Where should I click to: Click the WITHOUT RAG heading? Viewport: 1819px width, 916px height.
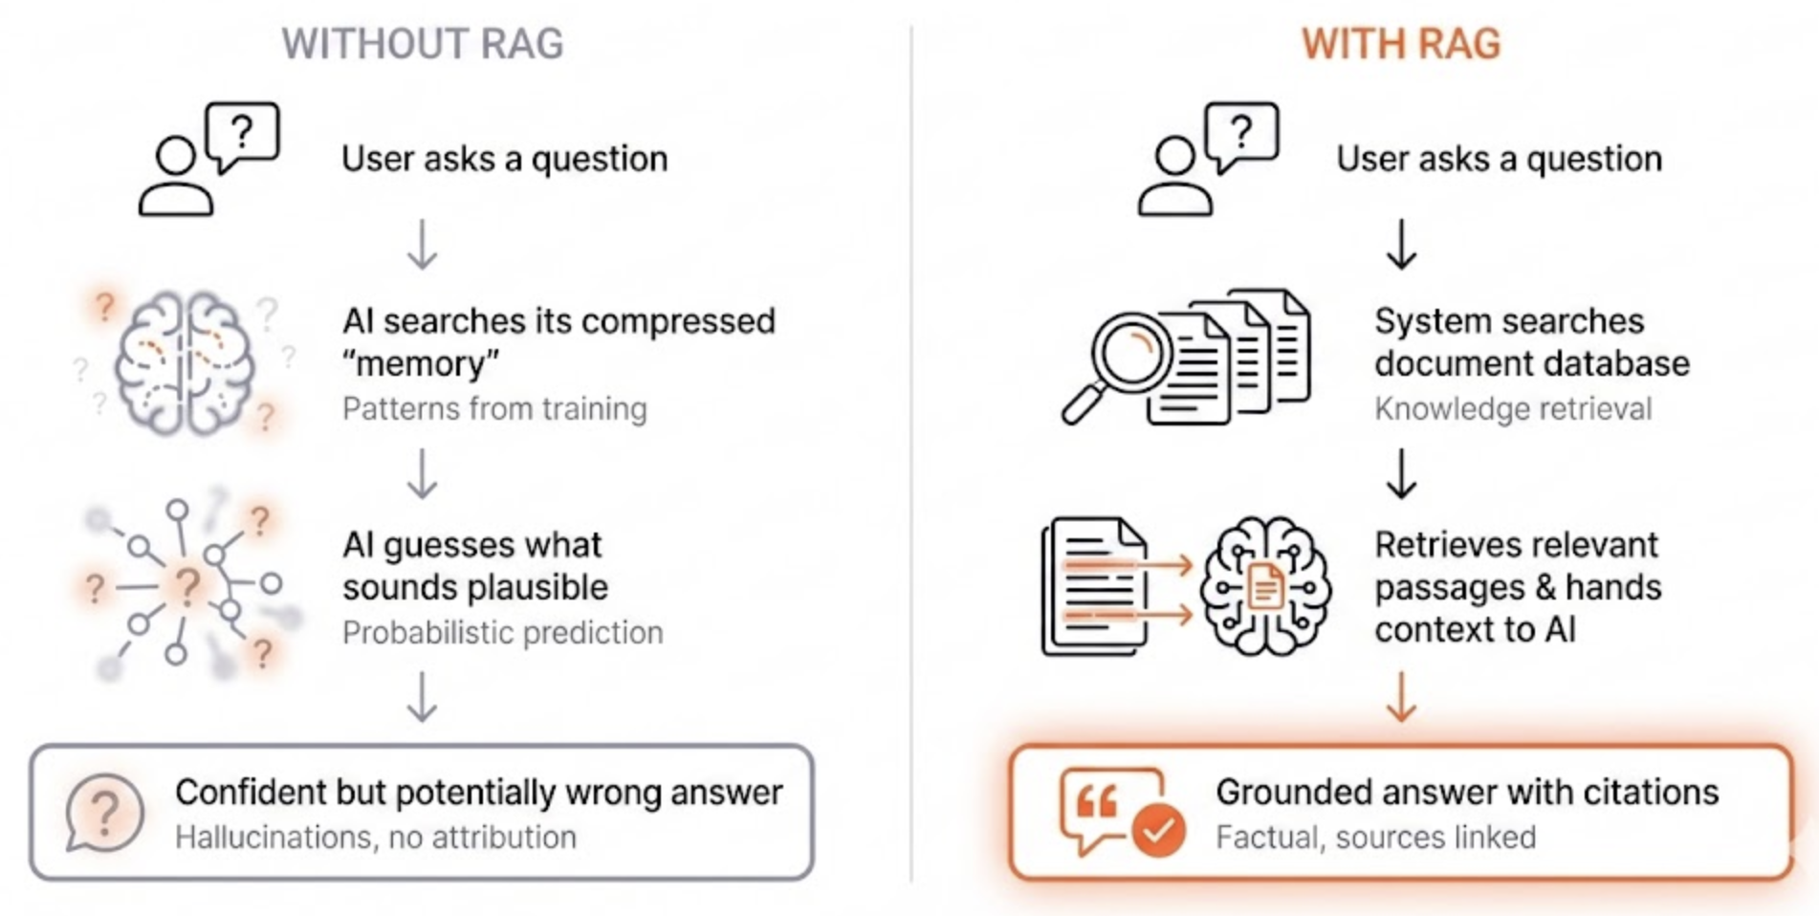point(422,44)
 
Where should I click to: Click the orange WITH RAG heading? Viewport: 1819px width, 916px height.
point(1401,44)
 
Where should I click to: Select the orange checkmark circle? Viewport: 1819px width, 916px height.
point(1158,830)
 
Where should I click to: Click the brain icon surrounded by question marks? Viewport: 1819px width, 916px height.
point(184,362)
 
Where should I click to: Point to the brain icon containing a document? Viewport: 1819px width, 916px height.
point(1265,585)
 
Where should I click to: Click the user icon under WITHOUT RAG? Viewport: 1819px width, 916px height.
point(175,177)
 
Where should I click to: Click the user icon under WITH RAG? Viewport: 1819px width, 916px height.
point(1174,177)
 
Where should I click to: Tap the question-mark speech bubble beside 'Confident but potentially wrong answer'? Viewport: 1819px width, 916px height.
point(104,813)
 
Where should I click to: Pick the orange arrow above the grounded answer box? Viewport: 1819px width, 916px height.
point(1401,696)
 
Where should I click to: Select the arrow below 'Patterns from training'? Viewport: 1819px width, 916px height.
point(422,473)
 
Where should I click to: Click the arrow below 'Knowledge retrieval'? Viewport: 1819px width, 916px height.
point(1401,473)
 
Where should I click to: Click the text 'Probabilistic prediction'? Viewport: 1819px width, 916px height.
point(502,632)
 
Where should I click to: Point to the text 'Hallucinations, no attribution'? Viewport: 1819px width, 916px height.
point(376,837)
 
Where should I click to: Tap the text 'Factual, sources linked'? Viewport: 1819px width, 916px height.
point(1376,837)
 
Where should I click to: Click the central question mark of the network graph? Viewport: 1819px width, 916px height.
point(187,584)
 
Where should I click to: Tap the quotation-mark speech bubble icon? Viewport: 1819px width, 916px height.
point(1109,808)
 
